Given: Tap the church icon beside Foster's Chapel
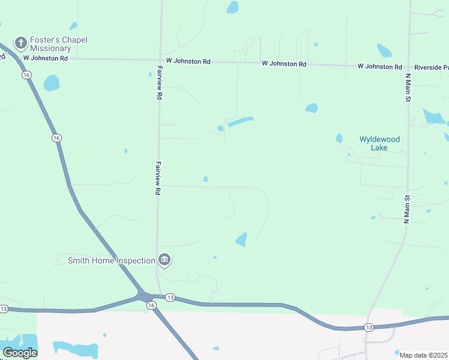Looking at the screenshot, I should coord(21,43).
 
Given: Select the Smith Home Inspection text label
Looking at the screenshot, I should coord(111,260).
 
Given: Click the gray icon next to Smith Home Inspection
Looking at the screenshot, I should coord(164,260).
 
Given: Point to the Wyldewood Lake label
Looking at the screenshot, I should coord(379,143).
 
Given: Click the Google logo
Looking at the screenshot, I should coord(20,352).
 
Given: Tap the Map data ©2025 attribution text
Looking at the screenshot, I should coord(423,355).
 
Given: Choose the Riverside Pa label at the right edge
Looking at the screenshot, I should coord(431,67).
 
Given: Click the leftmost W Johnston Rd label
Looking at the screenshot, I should coord(45,58).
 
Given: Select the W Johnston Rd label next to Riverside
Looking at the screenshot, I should coord(380,66).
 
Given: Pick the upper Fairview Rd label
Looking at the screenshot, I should coord(160,82).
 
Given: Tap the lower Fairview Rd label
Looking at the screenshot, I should coord(158,178).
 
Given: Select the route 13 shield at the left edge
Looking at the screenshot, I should coord(4,309).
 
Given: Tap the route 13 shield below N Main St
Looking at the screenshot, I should coord(368,328).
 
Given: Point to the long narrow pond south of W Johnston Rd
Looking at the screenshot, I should coord(240,121).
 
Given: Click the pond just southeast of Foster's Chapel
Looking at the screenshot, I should coord(52,82).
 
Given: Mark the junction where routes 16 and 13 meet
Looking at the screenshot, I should coord(144,295).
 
